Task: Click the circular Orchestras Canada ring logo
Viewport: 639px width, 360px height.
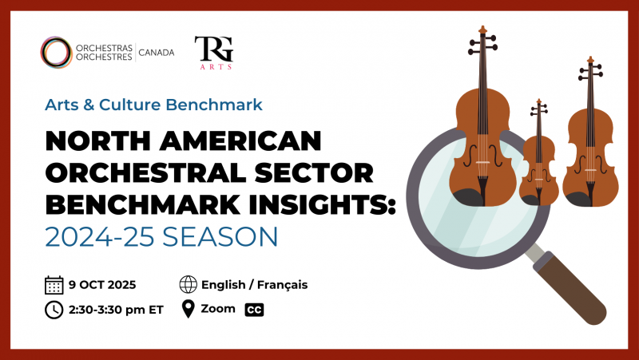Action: (x=42, y=52)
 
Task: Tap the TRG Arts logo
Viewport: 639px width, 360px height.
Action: (x=214, y=53)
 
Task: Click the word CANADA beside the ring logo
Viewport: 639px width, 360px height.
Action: (x=157, y=53)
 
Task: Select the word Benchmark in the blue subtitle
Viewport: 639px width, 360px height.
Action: (x=214, y=105)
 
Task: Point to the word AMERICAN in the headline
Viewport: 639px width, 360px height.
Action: (x=240, y=141)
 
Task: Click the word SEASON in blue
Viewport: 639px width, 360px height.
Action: (x=220, y=236)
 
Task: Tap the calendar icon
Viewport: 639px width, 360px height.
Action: (x=54, y=285)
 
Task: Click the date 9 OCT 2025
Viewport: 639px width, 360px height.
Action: (x=102, y=285)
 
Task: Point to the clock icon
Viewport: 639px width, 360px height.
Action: (x=54, y=310)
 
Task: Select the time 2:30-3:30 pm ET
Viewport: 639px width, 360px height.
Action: (x=116, y=310)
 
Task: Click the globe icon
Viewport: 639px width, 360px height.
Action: (x=189, y=285)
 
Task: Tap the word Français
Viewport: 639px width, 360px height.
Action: (x=283, y=285)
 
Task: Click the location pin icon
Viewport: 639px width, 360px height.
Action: (x=189, y=309)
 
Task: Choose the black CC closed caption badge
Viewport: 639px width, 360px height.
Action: (x=254, y=310)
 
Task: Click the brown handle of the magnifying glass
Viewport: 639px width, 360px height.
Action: (x=570, y=288)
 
